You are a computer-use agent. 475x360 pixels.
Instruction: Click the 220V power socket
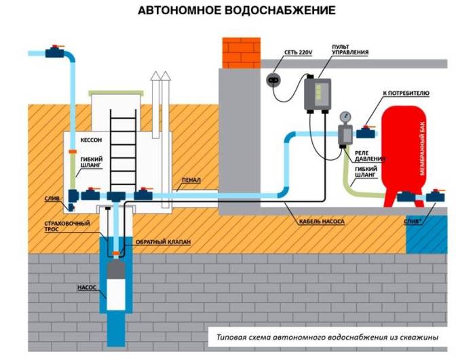[274, 77]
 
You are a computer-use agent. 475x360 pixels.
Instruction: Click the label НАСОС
[85, 287]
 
